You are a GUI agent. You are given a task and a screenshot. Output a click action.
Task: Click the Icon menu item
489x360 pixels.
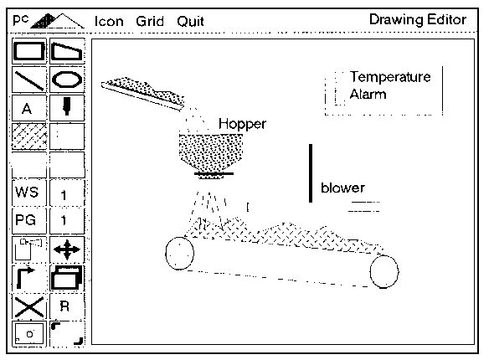pyautogui.click(x=109, y=22)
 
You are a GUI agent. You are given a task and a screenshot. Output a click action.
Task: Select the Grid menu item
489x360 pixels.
pyautogui.click(x=150, y=22)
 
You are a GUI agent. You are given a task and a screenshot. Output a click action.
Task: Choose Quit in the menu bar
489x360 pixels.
pyautogui.click(x=190, y=22)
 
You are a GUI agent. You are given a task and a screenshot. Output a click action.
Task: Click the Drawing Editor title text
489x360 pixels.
pyautogui.click(x=418, y=19)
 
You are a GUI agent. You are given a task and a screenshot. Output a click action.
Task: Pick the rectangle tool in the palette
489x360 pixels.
pyautogui.click(x=29, y=51)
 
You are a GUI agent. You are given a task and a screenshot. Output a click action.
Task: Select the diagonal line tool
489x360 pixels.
pyautogui.click(x=29, y=80)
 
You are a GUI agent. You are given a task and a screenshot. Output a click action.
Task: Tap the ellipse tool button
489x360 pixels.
pyautogui.click(x=67, y=80)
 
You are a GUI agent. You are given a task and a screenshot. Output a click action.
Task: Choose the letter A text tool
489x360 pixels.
pyautogui.click(x=27, y=109)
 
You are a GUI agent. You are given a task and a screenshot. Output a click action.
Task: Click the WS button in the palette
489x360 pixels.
pyautogui.click(x=27, y=192)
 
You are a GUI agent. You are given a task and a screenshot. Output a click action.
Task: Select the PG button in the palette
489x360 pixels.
pyautogui.click(x=26, y=220)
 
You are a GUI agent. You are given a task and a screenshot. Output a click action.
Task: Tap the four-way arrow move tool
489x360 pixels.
pyautogui.click(x=67, y=249)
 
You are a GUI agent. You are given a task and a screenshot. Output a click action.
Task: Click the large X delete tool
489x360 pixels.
pyautogui.click(x=29, y=307)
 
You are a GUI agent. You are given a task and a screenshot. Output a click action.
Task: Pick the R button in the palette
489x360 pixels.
pyautogui.click(x=64, y=306)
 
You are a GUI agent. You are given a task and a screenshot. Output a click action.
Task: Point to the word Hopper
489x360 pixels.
pyautogui.click(x=242, y=125)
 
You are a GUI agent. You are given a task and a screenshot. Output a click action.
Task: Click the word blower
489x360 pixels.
pyautogui.click(x=342, y=188)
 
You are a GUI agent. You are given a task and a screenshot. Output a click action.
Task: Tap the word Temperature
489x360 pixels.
pyautogui.click(x=390, y=77)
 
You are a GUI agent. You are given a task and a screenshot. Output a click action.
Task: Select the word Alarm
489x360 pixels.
pyautogui.click(x=368, y=94)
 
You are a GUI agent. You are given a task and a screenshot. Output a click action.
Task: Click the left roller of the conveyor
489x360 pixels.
pyautogui.click(x=166, y=254)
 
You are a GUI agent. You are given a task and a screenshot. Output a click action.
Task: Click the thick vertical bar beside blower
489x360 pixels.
pyautogui.click(x=311, y=173)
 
